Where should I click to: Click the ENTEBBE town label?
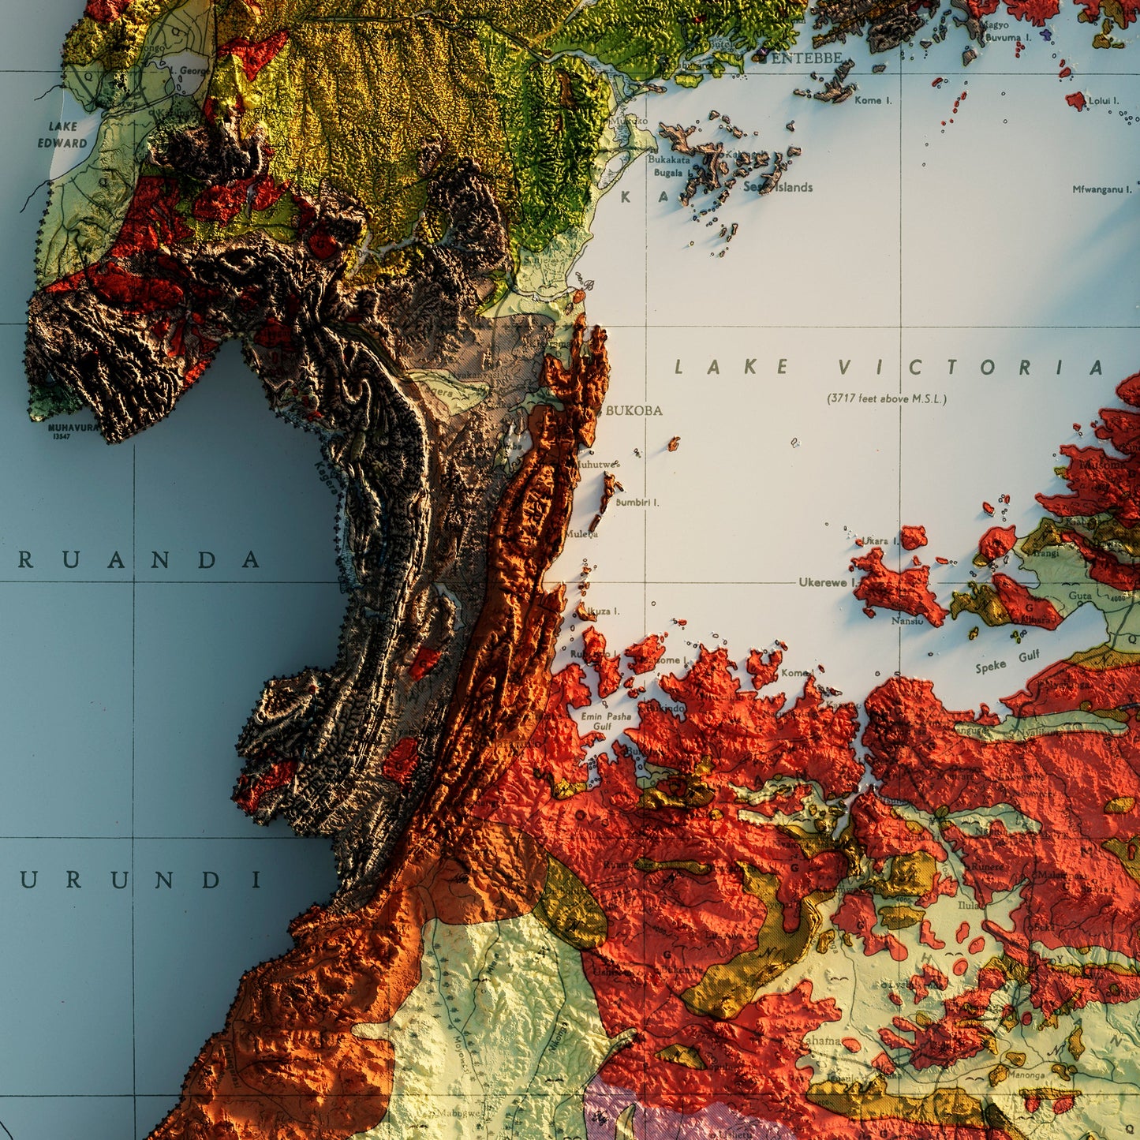807,58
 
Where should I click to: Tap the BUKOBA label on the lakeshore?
634,411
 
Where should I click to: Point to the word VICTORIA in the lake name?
970,368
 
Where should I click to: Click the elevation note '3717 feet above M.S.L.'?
887,398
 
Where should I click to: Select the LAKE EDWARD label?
62,135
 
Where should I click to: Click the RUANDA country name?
139,561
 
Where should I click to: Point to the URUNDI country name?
140,880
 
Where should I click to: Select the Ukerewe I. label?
828,582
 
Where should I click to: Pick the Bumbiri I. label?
637,502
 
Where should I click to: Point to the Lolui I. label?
1103,101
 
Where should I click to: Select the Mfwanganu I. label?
1101,189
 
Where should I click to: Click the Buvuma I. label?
1008,37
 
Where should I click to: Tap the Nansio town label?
907,621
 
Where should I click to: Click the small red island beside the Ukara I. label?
914,537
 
